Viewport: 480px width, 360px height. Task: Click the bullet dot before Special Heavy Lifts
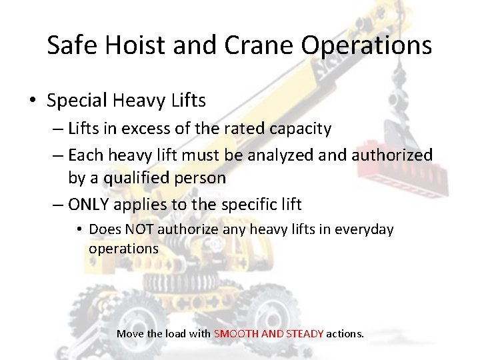click(33, 101)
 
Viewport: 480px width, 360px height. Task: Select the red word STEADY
click(305, 333)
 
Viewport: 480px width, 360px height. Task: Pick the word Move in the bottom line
click(129, 333)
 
